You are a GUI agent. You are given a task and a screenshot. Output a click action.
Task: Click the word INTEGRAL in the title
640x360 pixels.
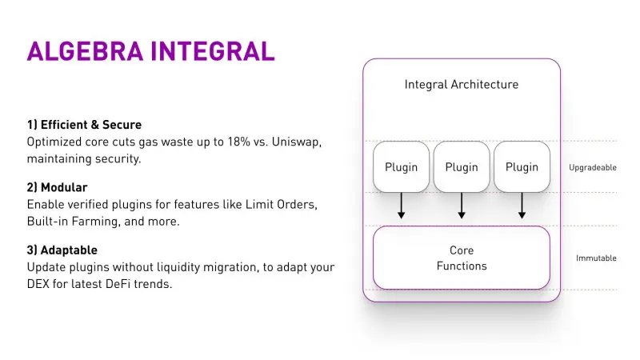click(216, 50)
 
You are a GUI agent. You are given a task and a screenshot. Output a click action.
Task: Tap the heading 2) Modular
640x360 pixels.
click(57, 187)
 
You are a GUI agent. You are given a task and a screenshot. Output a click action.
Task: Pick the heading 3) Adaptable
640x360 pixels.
click(62, 250)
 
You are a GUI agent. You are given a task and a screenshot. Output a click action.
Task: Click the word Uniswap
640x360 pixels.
click(293, 142)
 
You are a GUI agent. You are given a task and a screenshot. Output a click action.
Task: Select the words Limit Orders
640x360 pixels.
click(284, 204)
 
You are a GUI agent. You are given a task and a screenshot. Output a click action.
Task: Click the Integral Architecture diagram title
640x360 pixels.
click(462, 85)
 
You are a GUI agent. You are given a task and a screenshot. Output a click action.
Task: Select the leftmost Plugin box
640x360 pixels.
click(402, 167)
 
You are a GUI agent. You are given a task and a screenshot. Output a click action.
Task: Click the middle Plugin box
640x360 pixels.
click(462, 167)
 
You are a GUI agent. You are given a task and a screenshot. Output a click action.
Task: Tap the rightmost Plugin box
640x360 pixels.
click(522, 167)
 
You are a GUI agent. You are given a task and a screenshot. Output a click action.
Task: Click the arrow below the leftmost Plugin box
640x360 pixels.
click(402, 206)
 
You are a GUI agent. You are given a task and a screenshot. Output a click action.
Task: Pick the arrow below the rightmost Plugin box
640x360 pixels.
click(522, 206)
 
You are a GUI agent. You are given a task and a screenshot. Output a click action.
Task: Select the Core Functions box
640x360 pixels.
click(462, 258)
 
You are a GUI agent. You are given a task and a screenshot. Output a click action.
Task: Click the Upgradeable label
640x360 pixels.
click(592, 168)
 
